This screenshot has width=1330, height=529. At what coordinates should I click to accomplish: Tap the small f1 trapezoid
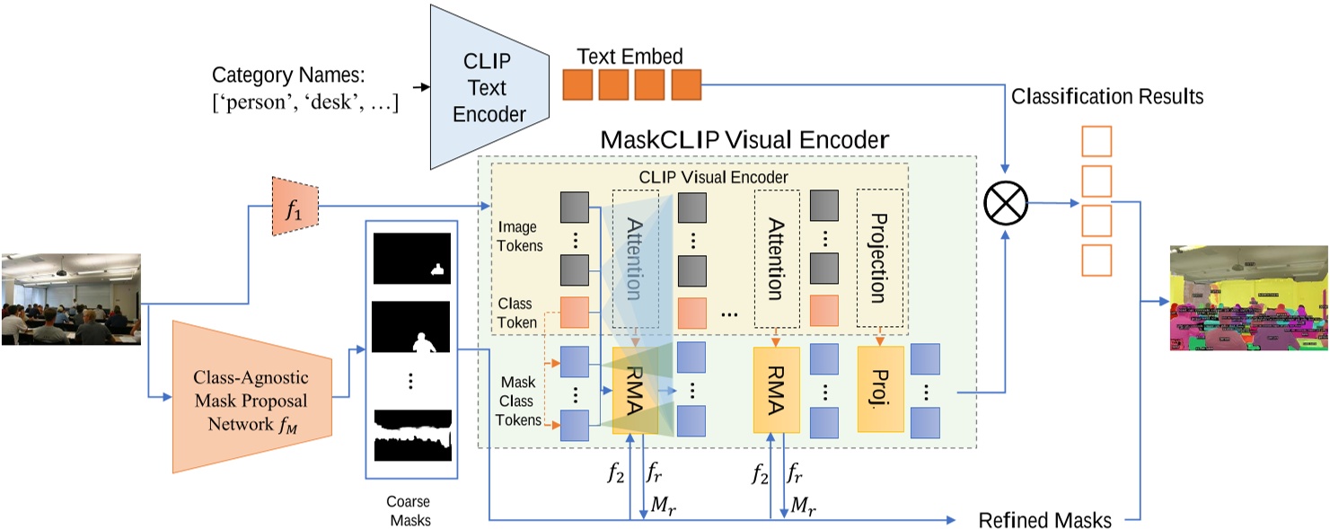[295, 207]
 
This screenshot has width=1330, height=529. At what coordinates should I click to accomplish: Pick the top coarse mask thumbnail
[410, 258]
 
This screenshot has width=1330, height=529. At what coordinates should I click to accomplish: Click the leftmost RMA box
[635, 389]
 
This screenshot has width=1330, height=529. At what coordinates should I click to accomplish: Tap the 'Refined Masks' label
[1044, 519]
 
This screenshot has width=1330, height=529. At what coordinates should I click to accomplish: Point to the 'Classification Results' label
[1107, 96]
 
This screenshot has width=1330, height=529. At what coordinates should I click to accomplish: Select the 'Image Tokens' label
[520, 237]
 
